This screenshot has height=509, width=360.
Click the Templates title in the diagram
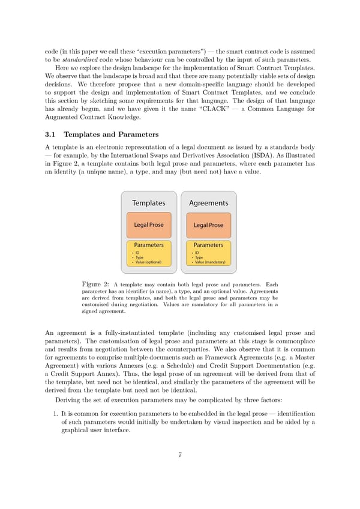tap(148, 203)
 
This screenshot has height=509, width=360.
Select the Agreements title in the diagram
tap(208, 203)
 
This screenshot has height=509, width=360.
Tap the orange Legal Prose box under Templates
tap(148, 225)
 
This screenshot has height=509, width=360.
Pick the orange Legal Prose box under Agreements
tap(208, 225)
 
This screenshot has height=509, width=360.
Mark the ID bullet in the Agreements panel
tap(198, 253)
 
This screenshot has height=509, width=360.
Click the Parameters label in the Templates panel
tap(148, 245)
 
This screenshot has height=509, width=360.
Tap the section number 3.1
tap(50, 135)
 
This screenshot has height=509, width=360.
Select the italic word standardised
tap(76, 59)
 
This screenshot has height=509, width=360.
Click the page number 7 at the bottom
tap(180, 454)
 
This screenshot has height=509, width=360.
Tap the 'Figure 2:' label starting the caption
tap(95, 283)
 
